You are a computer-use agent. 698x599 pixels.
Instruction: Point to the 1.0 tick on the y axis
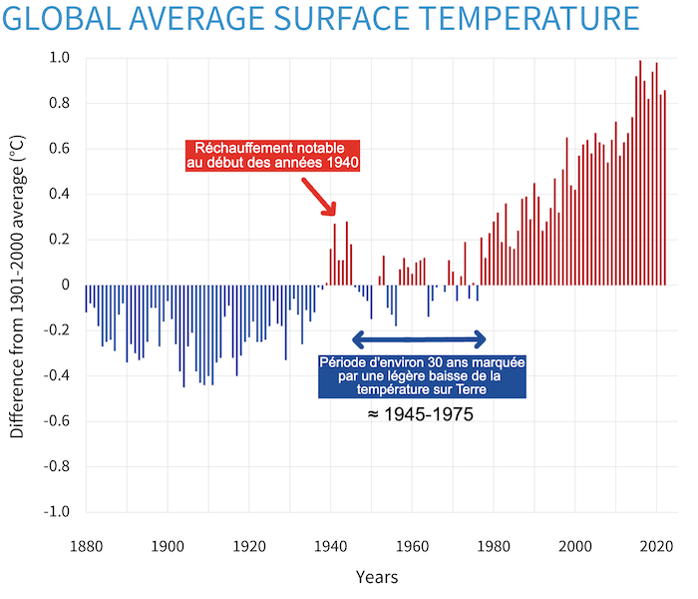(x=61, y=58)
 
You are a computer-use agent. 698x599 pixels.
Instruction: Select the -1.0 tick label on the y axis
(x=58, y=511)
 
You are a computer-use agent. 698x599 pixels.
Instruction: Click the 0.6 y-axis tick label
(x=61, y=149)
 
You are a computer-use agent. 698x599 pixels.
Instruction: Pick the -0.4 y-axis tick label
(x=58, y=375)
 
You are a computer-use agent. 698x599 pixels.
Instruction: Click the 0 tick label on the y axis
(x=66, y=285)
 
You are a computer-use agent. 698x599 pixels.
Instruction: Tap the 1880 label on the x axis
(x=87, y=546)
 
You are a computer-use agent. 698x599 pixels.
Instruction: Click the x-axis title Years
(x=377, y=577)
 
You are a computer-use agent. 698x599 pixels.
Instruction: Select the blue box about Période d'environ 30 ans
(x=423, y=375)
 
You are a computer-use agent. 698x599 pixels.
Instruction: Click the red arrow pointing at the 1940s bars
(x=326, y=202)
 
